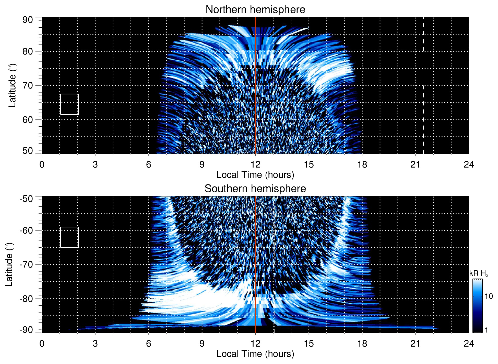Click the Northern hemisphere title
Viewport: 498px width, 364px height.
(x=255, y=10)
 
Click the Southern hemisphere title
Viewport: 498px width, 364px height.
(x=255, y=189)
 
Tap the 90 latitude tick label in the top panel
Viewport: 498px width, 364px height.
(x=28, y=20)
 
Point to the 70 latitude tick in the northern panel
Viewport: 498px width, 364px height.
(x=28, y=85)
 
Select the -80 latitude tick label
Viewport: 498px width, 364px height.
(x=26, y=299)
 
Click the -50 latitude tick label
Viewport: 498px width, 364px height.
(x=26, y=199)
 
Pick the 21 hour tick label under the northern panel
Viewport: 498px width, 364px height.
(x=415, y=164)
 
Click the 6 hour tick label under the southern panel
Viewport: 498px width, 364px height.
(x=148, y=344)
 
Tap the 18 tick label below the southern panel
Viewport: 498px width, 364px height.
(x=362, y=344)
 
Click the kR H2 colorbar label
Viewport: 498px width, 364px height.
(x=478, y=273)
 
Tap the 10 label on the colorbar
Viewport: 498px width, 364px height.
(x=489, y=296)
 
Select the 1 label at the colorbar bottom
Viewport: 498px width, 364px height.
(x=486, y=330)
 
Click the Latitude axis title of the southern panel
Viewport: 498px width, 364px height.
(x=9, y=264)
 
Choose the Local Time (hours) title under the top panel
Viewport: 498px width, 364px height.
(x=255, y=175)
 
